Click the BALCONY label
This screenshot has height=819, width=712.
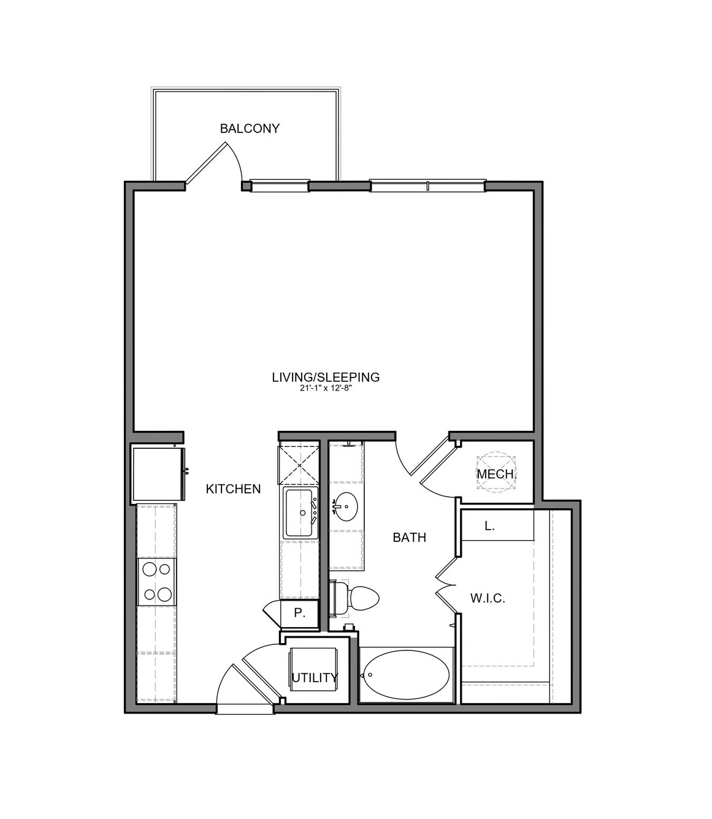pos(250,129)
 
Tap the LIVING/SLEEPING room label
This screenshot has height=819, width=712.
pos(326,377)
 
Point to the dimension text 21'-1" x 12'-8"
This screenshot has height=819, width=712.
pos(325,388)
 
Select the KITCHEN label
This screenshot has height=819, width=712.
pos(233,489)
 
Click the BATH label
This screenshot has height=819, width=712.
pos(409,537)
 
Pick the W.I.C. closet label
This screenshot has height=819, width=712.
pos(488,598)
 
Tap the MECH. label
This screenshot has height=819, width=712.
pos(497,474)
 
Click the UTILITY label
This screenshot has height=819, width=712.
pos(315,677)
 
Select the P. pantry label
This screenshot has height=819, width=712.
pos(299,613)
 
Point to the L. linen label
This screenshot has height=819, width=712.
pos(489,526)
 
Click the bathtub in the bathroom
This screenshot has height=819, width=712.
pos(406,675)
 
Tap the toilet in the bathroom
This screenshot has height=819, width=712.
pos(354,599)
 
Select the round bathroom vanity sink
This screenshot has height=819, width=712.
pos(345,507)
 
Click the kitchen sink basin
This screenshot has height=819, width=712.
pos(299,512)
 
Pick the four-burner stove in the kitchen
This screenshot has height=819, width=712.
pos(156,582)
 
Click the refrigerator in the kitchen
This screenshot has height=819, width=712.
pos(158,474)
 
